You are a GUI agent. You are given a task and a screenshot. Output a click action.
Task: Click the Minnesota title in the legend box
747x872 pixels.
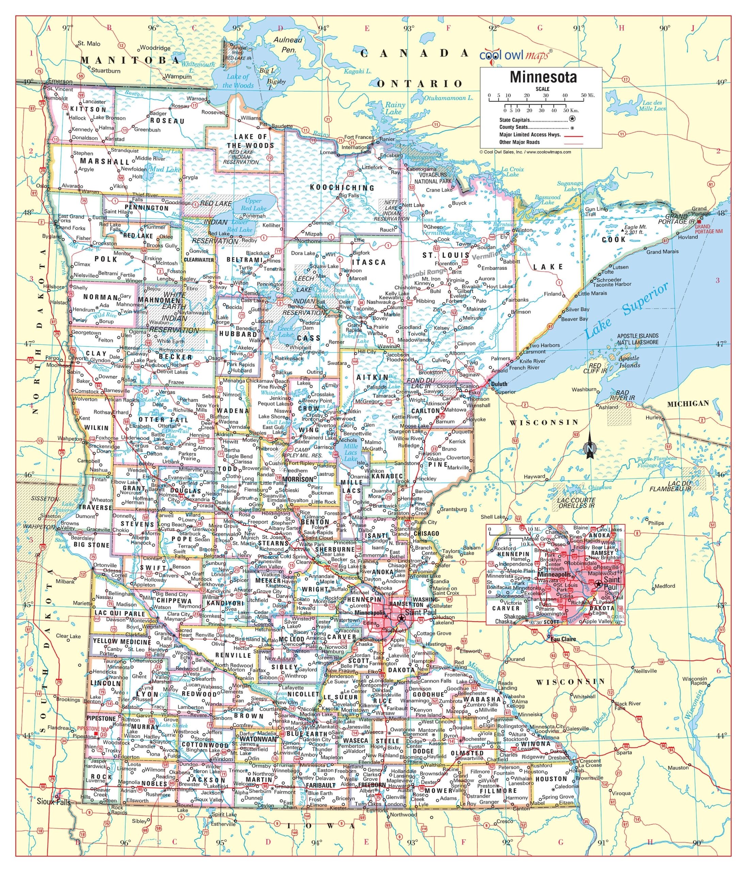point(543,77)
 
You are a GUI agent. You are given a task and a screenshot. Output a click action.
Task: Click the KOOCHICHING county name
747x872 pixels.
point(341,188)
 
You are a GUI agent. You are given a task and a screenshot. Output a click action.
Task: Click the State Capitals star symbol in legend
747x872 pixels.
point(572,120)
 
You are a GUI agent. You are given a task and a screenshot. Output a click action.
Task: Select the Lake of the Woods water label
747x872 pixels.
point(238,81)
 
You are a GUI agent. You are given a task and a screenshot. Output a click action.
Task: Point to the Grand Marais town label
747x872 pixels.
point(663,252)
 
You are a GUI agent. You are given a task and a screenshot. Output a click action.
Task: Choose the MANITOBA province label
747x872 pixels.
point(130,61)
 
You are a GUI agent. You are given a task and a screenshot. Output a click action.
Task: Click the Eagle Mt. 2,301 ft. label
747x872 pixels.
point(635,229)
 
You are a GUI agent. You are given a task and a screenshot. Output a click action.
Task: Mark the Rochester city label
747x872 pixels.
point(474,738)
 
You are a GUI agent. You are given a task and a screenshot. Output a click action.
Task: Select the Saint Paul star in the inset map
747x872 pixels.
point(598,583)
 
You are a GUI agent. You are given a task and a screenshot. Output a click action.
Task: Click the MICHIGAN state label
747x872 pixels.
point(688,404)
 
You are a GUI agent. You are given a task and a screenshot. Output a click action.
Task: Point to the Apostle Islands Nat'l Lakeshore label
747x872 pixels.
point(638,339)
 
